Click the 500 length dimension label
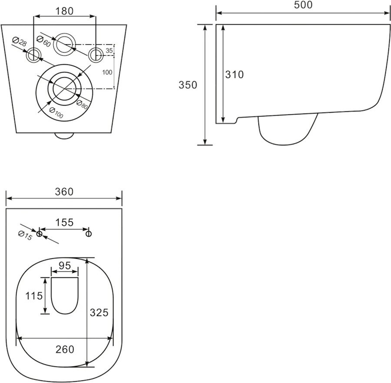point(303,5)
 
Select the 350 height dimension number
point(188,85)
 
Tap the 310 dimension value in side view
point(235,75)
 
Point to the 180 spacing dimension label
point(64,11)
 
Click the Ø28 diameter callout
point(19,41)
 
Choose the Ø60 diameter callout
point(43,41)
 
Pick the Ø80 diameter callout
point(82,104)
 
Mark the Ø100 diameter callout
point(56,112)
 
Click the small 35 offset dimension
point(109,51)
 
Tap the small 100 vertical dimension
point(107,72)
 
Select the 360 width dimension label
point(64,192)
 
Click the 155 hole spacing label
point(64,222)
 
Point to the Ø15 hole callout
point(26,236)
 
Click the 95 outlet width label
point(65,266)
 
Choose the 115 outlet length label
point(34,296)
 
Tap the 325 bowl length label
point(99,313)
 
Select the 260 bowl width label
point(65,350)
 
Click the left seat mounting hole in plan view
point(39,234)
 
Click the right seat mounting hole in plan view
point(89,234)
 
